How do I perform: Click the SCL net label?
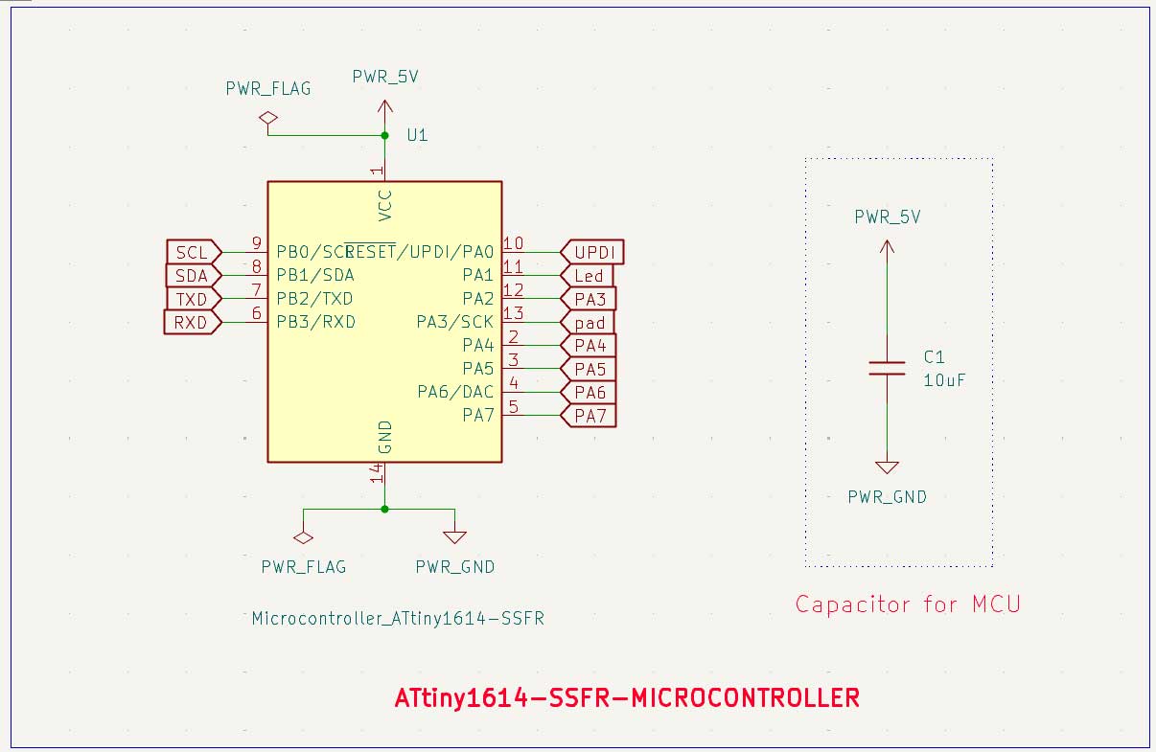tap(192, 253)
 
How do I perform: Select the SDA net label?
tap(192, 276)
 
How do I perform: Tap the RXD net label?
tap(192, 323)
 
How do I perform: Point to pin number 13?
tap(513, 313)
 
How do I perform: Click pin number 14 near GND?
tap(378, 472)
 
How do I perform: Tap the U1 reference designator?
tap(417, 135)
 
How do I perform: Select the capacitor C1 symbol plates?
tap(887, 368)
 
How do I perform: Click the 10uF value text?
tap(943, 380)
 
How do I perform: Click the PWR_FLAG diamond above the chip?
tap(267, 118)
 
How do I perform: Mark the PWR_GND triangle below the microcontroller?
tap(454, 537)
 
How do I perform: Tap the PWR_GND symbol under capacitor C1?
tap(887, 467)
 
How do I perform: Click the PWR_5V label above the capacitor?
tap(888, 217)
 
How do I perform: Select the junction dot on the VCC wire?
tap(384, 135)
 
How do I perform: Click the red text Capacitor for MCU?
tap(908, 604)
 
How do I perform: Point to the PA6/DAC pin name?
tap(455, 392)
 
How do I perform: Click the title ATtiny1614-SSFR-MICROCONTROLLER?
tap(627, 697)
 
